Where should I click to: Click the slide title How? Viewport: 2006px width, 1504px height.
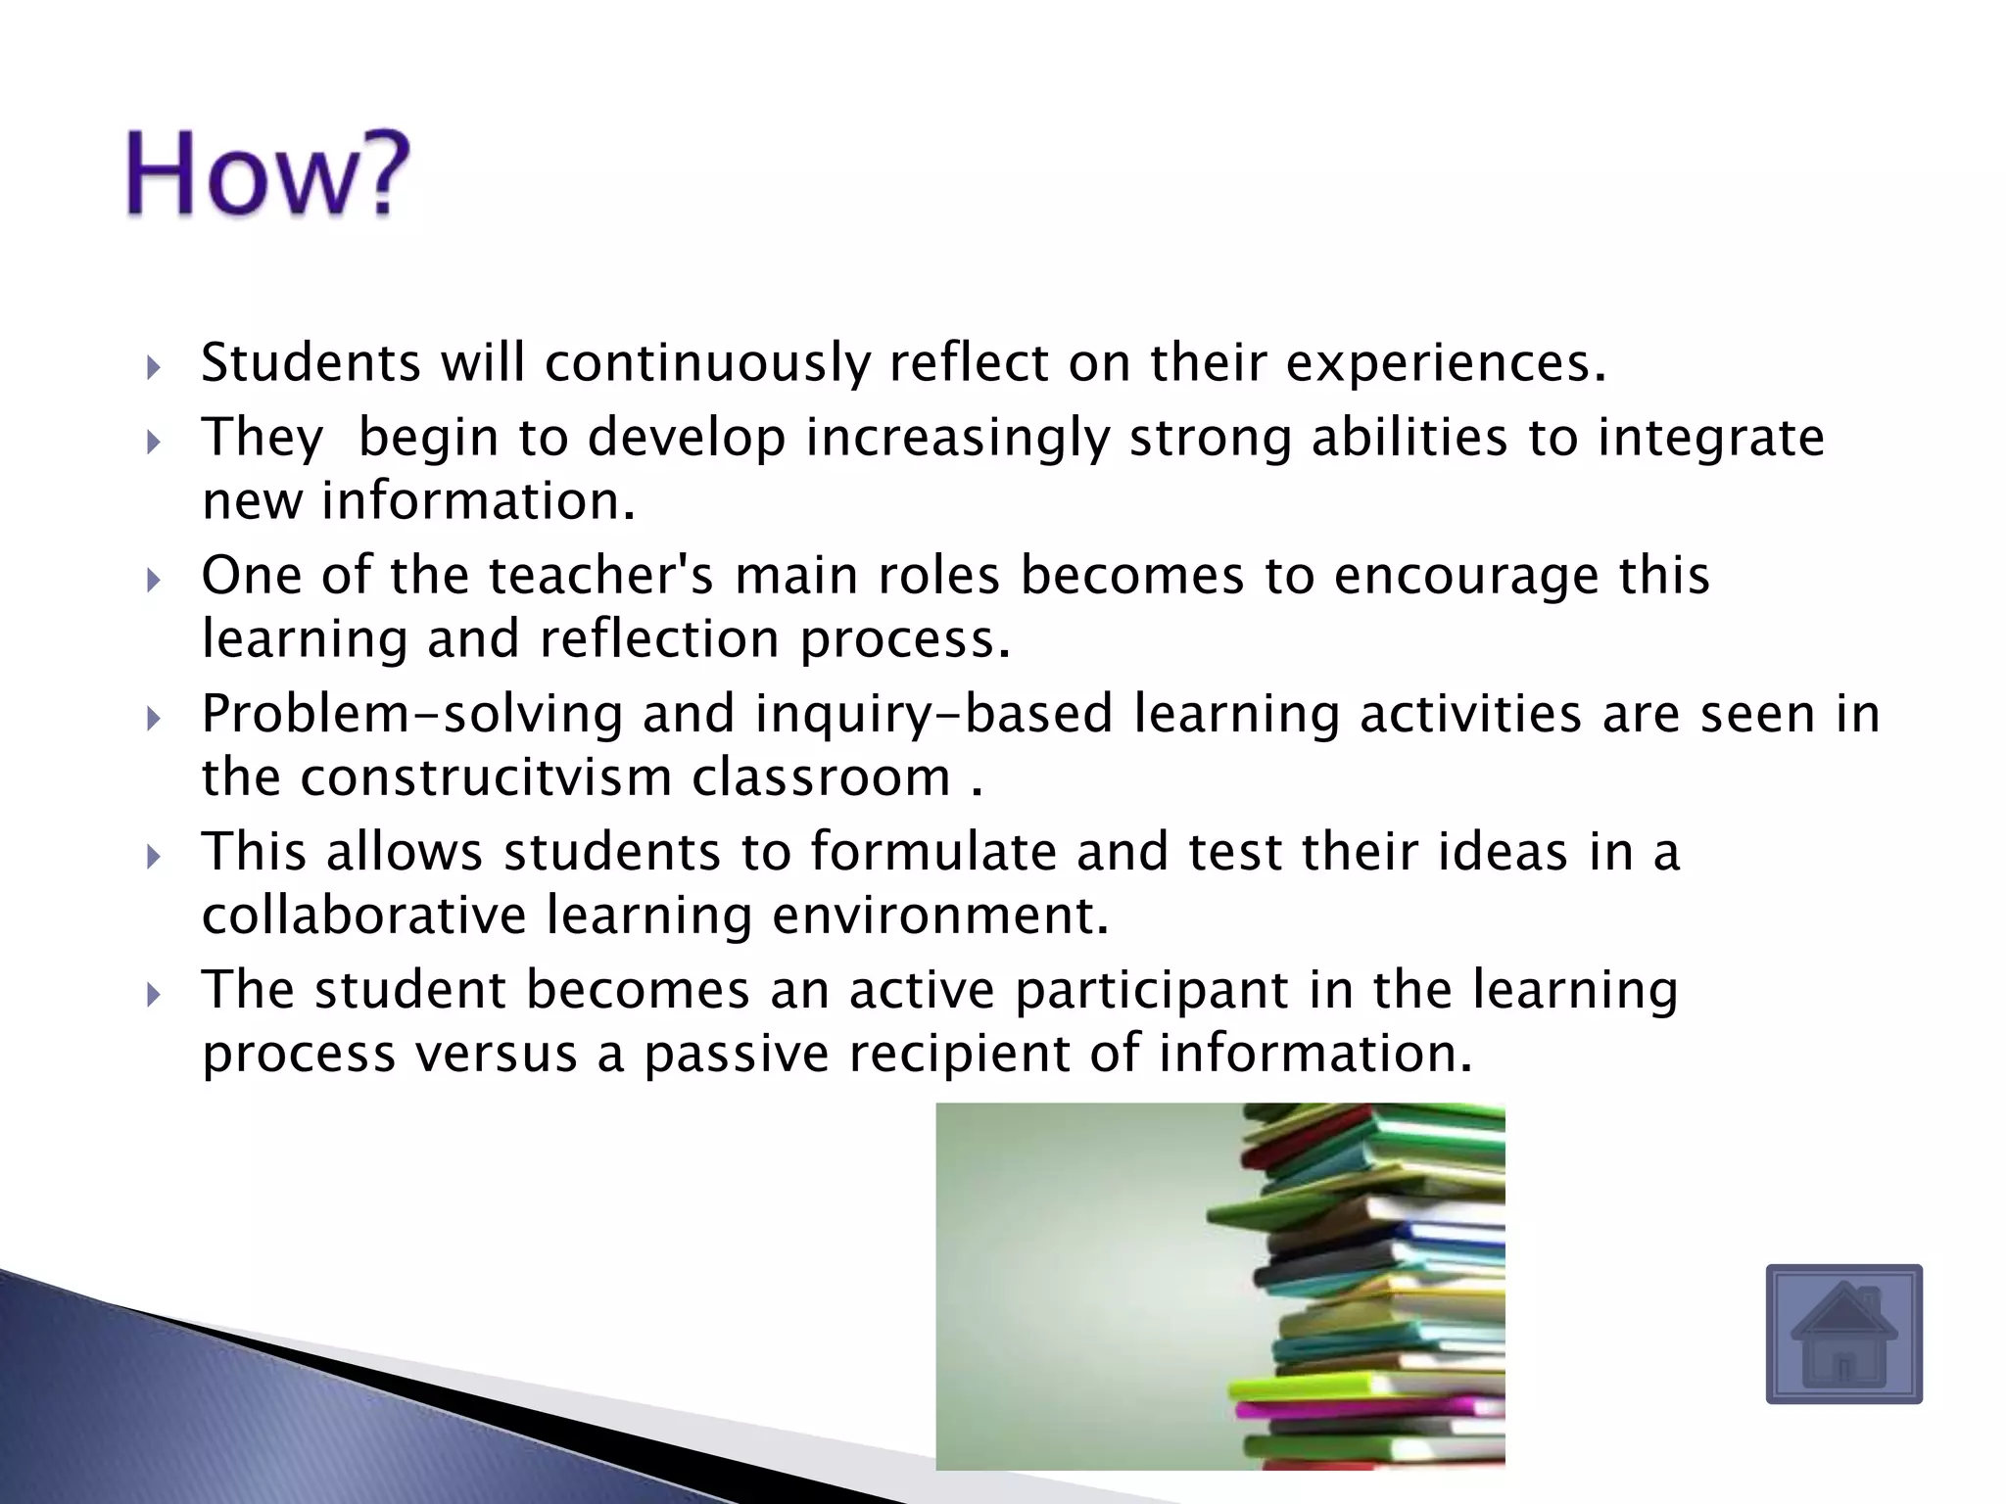[x=266, y=174]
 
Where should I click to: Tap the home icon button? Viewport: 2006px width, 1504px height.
[x=1843, y=1334]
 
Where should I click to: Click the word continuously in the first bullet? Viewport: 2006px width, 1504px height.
[x=706, y=363]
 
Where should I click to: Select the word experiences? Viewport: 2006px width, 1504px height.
[x=1445, y=363]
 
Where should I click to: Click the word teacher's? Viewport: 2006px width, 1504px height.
[x=600, y=575]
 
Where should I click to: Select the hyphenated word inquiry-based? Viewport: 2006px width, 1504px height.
[x=933, y=714]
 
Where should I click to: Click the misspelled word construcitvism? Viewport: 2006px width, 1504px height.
[x=485, y=777]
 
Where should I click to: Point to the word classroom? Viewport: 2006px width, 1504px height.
[x=821, y=777]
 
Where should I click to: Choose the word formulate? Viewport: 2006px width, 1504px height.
[x=932, y=851]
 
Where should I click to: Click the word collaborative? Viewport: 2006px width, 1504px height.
[x=364, y=916]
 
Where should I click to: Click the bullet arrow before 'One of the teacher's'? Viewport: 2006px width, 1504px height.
[x=152, y=581]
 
